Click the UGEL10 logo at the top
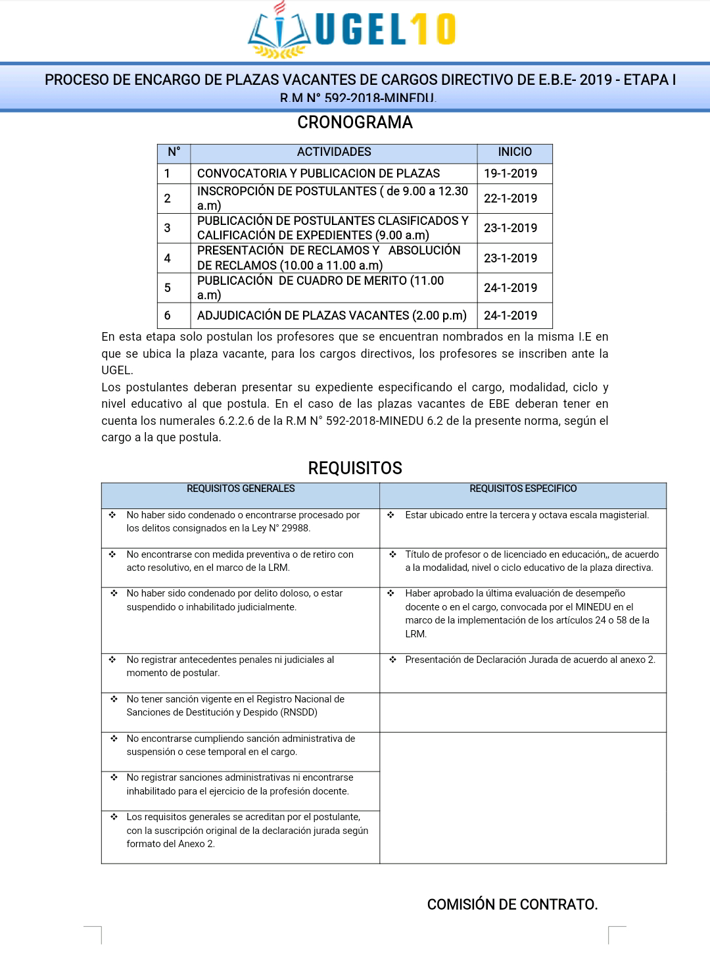[x=352, y=30]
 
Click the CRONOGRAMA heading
[x=355, y=122]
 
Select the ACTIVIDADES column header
[x=334, y=152]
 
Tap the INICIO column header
[x=515, y=152]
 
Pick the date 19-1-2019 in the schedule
[x=511, y=174]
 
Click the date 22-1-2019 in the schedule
[x=511, y=199]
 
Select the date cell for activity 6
[x=511, y=316]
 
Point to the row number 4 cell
[x=168, y=258]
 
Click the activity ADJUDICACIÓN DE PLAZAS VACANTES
[x=332, y=316]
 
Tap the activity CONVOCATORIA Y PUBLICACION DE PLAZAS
[x=319, y=174]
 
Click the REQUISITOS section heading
[x=355, y=468]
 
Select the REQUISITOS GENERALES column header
[x=241, y=489]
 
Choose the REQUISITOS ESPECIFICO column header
[x=523, y=489]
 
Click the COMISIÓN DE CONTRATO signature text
[x=512, y=904]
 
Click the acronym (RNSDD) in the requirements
[x=299, y=712]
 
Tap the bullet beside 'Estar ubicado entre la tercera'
[x=390, y=515]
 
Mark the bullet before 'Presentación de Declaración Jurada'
[x=392, y=660]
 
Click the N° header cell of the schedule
[x=174, y=152]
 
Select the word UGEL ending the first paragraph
[x=116, y=370]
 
